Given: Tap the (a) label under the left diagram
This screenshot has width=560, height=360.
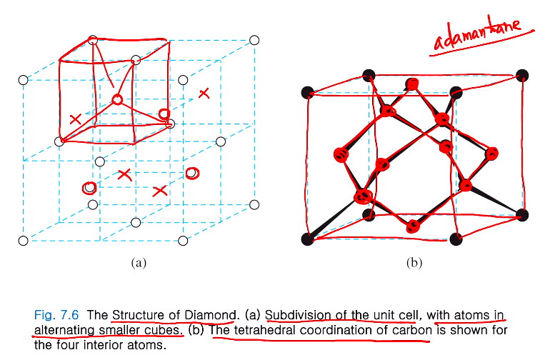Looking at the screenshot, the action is pos(139,263).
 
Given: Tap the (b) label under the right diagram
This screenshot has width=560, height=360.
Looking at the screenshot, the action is pos(414,263).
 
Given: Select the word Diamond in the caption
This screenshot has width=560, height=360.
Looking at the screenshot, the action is pos(211,314).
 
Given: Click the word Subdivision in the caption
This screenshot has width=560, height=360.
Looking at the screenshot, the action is pos(297,314).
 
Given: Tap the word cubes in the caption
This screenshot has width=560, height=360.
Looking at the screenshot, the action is pos(164,330).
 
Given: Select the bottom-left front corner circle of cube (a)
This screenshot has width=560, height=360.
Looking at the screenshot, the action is pos(24,241).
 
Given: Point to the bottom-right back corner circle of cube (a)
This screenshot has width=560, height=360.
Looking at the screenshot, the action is pos(254,206).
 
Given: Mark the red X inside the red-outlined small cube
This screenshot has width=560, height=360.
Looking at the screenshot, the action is pos(75,119).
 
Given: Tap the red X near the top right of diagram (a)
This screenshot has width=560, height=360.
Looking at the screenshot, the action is pos(204,93).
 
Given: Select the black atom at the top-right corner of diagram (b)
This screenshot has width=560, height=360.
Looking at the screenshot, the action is pos(522,74).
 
